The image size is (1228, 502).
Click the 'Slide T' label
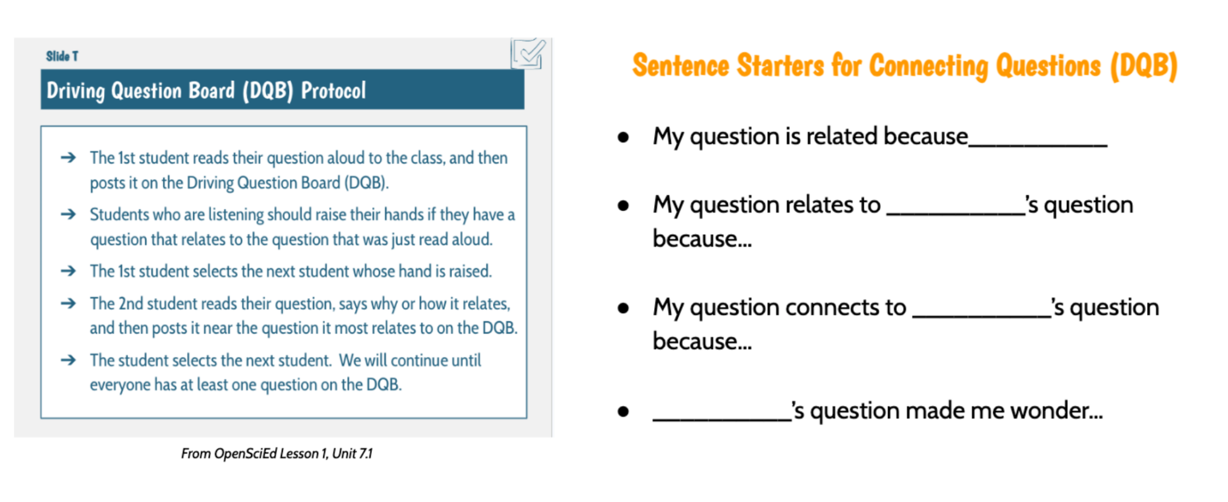[x=62, y=56]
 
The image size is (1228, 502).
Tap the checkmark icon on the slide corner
[x=528, y=54]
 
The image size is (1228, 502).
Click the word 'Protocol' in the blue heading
[x=333, y=91]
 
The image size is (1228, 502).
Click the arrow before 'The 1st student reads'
[x=68, y=158]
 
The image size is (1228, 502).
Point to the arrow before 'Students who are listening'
[x=68, y=214]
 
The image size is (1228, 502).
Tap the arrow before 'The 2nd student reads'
[x=68, y=304]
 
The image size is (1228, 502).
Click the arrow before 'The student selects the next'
[x=68, y=360]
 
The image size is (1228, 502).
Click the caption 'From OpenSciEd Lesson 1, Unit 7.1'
[x=276, y=453]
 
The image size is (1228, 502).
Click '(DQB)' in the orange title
[x=1143, y=66]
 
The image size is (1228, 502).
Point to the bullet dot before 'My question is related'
[x=624, y=137]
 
